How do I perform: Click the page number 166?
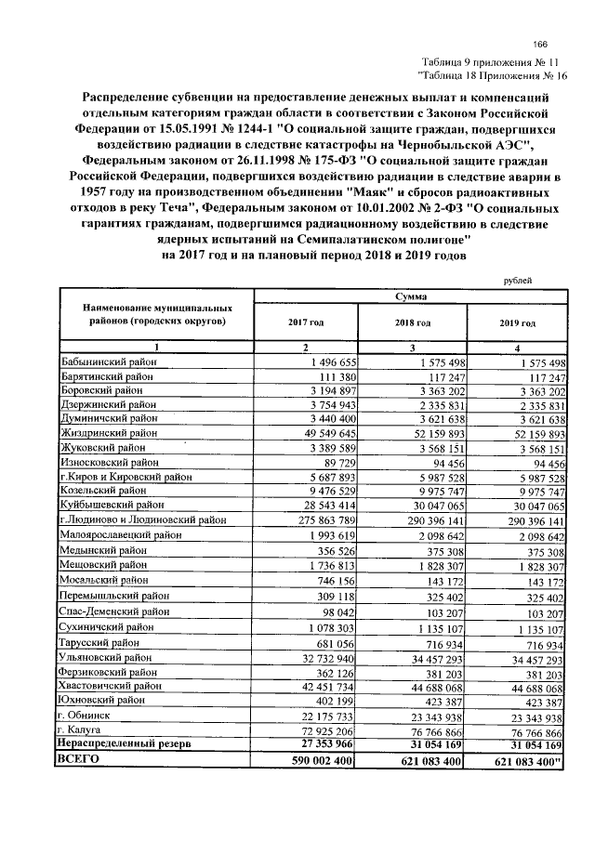click(539, 46)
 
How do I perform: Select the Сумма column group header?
click(410, 296)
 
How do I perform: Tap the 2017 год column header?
click(306, 322)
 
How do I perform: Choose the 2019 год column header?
click(518, 322)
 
